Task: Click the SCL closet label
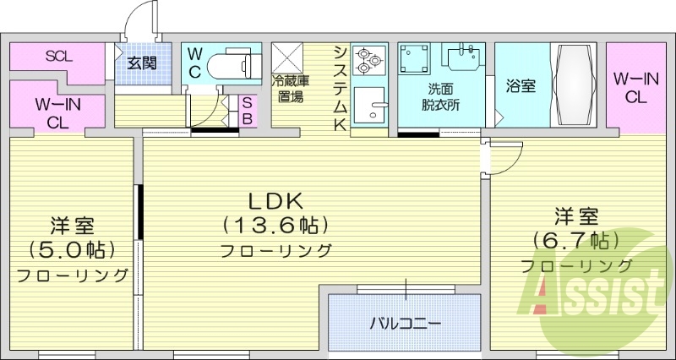coord(57,57)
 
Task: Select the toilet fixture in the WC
coord(233,64)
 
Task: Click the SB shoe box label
coord(247,110)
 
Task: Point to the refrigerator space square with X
coord(291,59)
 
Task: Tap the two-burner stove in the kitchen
coord(369,60)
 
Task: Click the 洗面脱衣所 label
coord(440,98)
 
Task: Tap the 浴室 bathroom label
coord(520,86)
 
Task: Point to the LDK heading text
coord(275,200)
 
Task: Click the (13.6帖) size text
coord(275,226)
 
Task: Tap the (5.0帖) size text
coord(72,250)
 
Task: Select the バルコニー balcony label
coord(406,323)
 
